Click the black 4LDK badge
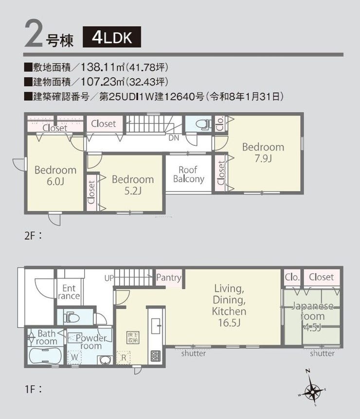[112, 37]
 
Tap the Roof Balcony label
[189, 174]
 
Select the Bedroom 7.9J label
[263, 153]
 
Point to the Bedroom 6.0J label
[55, 175]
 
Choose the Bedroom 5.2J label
[133, 185]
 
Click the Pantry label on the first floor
[169, 278]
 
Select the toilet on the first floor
[72, 318]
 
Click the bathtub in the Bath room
[45, 356]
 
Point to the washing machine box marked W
[74, 357]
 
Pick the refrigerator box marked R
[123, 358]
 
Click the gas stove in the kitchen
[156, 356]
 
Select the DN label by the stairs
[174, 138]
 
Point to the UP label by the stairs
[109, 278]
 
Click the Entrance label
[69, 292]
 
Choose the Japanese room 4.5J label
[312, 316]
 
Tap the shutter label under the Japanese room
[322, 353]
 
